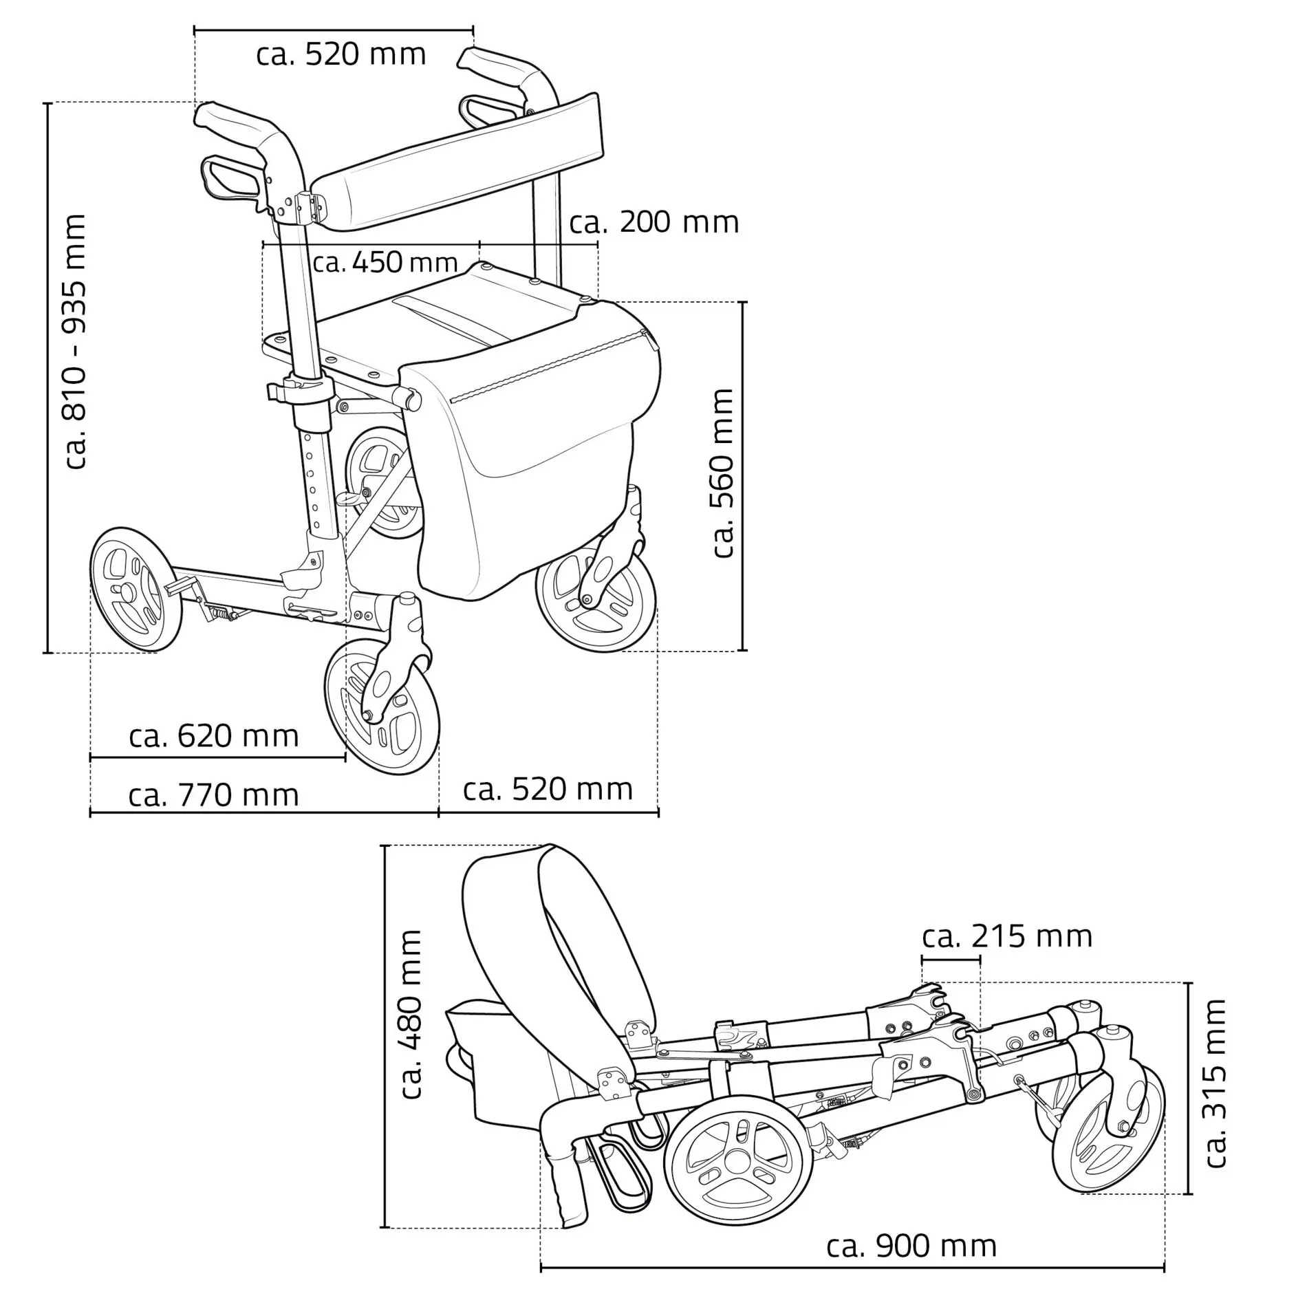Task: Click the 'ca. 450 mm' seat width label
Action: [x=385, y=263]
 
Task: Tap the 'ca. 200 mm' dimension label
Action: [x=654, y=223]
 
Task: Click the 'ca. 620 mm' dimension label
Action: [x=213, y=737]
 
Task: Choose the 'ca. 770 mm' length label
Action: [x=213, y=796]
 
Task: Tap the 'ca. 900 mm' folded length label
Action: [x=911, y=1246]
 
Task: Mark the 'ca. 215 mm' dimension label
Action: [x=1007, y=937]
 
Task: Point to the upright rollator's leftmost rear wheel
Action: [x=136, y=590]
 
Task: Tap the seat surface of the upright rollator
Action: [x=440, y=323]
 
